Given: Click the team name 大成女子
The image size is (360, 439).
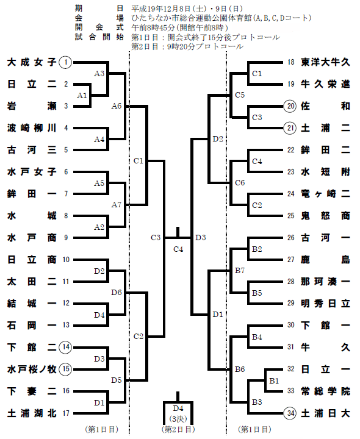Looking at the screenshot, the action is (32, 62).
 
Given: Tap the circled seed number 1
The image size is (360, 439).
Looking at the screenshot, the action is (65, 62).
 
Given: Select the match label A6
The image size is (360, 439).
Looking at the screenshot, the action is (117, 106).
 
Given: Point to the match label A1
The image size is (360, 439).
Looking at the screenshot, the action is (82, 96).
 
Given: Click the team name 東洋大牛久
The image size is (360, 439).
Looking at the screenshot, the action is (326, 62).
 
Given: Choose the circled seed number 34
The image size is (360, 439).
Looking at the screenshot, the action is (290, 413).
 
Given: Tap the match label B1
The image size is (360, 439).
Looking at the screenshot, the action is (274, 380).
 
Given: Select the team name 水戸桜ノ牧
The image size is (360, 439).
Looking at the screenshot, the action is (32, 369).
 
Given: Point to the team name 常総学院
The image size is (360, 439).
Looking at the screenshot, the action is (326, 391).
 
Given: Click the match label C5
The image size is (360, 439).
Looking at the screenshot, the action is (240, 95).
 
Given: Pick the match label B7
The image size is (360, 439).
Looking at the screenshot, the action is (240, 271).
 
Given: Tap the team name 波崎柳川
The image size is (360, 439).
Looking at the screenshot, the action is (32, 128).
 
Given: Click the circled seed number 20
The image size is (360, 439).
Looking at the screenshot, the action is (290, 106).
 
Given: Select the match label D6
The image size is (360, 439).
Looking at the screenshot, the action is (117, 293).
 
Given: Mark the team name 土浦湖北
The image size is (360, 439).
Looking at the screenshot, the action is (32, 413).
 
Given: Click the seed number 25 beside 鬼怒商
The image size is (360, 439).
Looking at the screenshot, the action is (290, 216).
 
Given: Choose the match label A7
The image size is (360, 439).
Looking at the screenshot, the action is (117, 205).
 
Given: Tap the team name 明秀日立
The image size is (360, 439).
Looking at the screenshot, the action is (326, 304).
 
